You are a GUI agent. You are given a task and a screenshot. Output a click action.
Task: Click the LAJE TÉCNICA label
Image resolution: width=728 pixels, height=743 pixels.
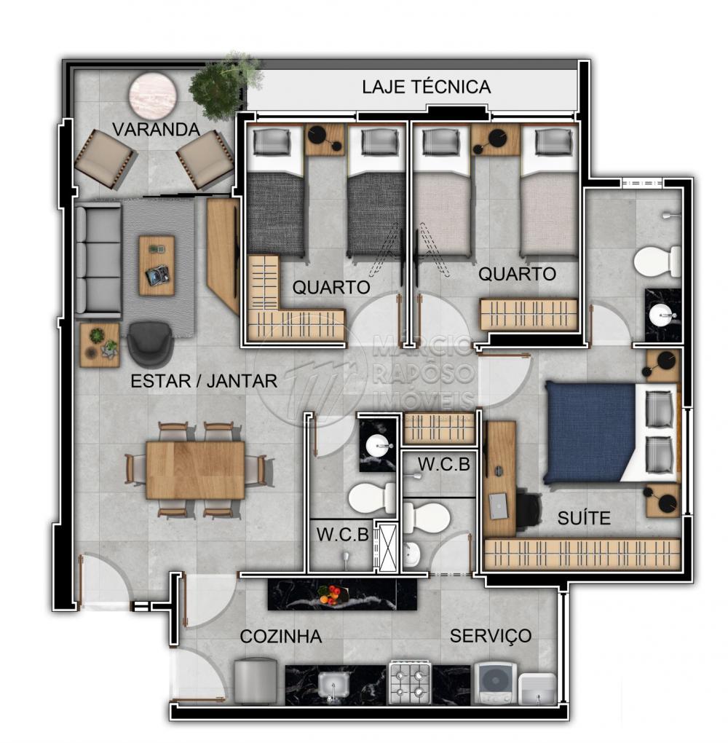(x=427, y=87)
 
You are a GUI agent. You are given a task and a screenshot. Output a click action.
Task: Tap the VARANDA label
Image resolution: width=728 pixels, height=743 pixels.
(x=156, y=130)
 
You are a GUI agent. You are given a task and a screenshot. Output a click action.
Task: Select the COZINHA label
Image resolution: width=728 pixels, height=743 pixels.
(x=281, y=637)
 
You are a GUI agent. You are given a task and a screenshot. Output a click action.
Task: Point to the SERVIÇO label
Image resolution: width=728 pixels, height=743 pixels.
(x=490, y=636)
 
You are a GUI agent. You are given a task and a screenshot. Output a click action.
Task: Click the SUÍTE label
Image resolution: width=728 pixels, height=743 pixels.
(x=584, y=518)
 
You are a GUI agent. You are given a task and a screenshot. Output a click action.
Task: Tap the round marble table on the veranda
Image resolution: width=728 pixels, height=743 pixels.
(x=154, y=95)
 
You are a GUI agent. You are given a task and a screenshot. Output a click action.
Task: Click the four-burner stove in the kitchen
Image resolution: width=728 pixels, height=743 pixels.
(x=410, y=683)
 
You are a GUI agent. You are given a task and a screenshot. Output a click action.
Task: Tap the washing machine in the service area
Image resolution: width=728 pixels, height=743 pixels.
(x=496, y=683)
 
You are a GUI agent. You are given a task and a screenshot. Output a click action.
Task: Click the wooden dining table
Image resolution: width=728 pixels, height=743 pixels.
(x=195, y=470)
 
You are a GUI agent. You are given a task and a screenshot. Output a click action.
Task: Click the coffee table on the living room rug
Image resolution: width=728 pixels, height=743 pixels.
(x=157, y=266)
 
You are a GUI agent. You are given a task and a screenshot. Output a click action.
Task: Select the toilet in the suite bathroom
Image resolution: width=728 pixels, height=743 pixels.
(x=657, y=262)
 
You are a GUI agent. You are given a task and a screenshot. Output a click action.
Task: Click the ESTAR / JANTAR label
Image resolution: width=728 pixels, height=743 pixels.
(x=204, y=381)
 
